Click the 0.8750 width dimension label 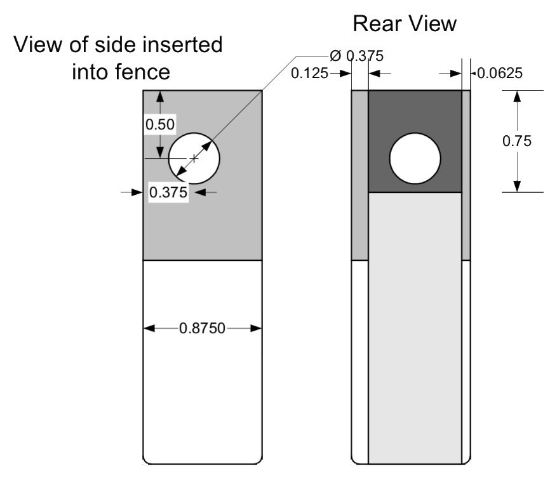202,328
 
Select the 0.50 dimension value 160,124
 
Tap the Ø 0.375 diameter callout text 357,56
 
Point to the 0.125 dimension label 309,74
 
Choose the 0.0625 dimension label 500,73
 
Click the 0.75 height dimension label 517,141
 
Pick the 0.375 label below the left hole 168,192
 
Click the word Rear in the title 377,24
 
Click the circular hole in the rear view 415,159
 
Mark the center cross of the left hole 194,158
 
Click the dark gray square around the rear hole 415,107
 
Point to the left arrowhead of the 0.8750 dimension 149,328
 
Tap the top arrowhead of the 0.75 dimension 517,96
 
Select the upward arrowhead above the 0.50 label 160,97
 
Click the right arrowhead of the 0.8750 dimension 256,328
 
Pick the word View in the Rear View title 432,24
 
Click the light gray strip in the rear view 415,328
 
